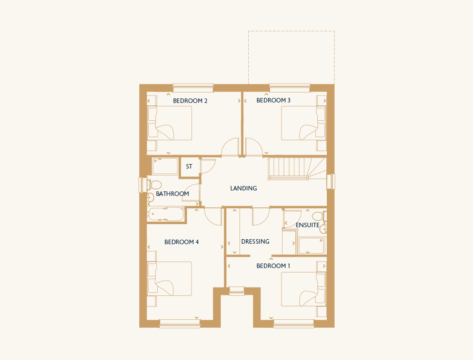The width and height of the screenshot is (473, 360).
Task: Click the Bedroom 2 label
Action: (190, 101)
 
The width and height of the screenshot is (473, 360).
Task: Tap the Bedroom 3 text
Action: (273, 100)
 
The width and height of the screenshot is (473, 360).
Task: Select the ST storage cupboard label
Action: (189, 167)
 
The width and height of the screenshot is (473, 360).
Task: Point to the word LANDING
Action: (243, 188)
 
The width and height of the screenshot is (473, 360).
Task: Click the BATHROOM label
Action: (173, 193)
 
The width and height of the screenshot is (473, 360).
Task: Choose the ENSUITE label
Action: (307, 225)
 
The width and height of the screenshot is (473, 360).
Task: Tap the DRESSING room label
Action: (255, 242)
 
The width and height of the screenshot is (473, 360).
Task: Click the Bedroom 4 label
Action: (182, 242)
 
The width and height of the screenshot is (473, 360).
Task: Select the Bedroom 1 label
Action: (273, 266)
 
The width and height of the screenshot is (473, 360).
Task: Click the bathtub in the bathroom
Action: (166, 214)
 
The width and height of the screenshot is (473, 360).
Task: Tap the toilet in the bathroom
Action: (154, 184)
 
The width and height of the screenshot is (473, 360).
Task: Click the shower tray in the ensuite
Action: (311, 246)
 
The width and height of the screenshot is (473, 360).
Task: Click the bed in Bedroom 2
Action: (170, 123)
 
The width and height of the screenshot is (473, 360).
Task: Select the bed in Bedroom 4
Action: (170, 278)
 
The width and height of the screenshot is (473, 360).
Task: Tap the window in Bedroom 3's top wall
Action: (289, 88)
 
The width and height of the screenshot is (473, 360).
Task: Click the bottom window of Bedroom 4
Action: (180, 324)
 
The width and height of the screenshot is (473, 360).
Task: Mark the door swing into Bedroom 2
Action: (230, 147)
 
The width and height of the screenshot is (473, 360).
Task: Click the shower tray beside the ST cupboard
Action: (165, 166)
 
